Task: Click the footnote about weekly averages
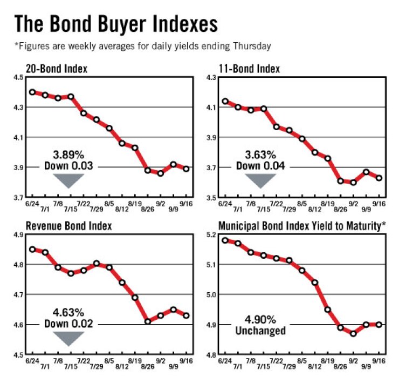(142, 46)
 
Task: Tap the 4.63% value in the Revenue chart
(70, 313)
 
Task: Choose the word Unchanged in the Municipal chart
(260, 331)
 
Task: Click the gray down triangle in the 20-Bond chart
(70, 181)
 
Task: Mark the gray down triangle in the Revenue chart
(70, 338)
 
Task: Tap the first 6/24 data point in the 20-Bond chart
(32, 92)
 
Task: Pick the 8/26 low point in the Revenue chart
(147, 321)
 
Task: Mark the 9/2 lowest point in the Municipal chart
(353, 333)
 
